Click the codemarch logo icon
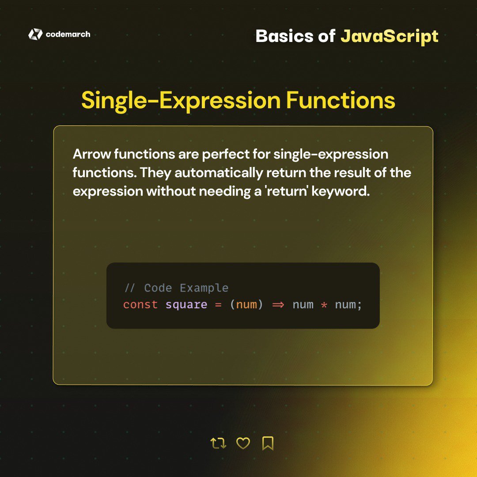pos(35,34)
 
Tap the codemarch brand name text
pos(68,34)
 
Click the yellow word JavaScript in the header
pos(389,36)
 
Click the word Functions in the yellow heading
pos(341,101)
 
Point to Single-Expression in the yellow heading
pos(181,101)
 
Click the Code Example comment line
pos(177,288)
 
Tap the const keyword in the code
pos(140,305)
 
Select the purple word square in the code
pos(186,305)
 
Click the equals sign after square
pos(218,305)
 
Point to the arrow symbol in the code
pos(278,305)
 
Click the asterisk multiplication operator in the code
pos(324,305)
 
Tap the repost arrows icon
pos(218,443)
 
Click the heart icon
pos(243,443)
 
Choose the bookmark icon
pos(268,443)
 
